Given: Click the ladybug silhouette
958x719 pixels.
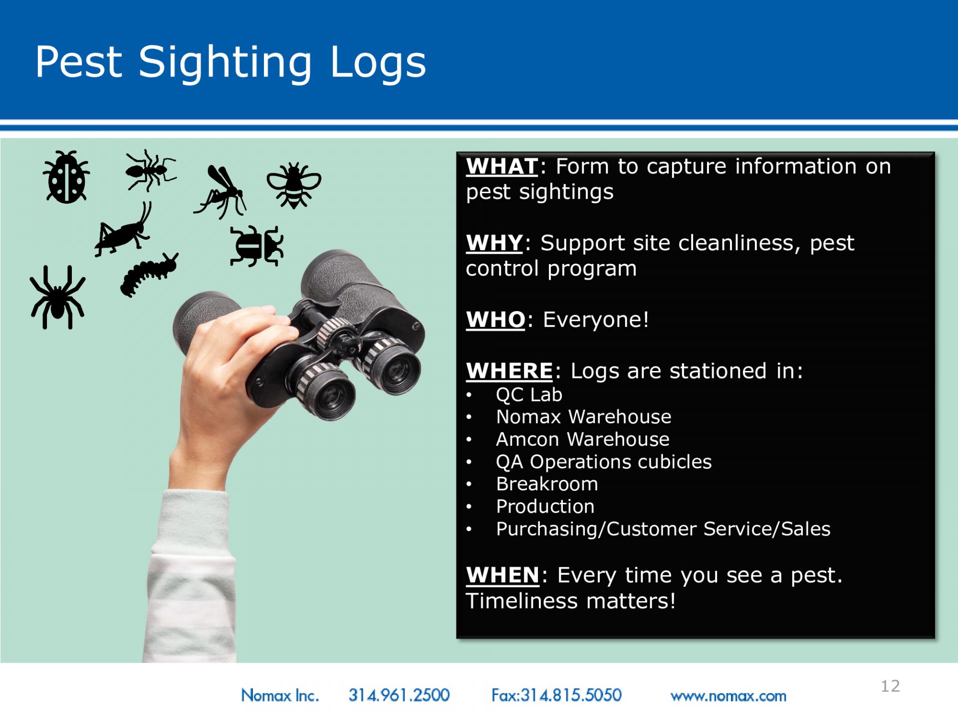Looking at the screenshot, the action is (66, 177).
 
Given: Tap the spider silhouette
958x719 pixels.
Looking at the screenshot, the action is (57, 298).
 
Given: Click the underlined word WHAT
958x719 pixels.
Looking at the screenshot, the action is (502, 166).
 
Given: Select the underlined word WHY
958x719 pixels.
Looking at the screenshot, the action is (494, 243).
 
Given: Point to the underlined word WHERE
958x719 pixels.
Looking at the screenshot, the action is (509, 371).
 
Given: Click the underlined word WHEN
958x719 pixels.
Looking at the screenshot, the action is (503, 575).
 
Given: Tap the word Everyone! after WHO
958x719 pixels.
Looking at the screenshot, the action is (596, 320).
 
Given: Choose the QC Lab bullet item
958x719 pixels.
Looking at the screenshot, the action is (529, 395).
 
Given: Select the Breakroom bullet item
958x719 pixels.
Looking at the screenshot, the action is (547, 484).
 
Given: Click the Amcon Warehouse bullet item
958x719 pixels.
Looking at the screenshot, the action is (583, 439).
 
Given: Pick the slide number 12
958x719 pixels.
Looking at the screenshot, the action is (891, 686).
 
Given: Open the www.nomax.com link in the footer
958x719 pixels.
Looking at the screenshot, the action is (728, 696).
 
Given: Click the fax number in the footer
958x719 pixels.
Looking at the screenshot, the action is (556, 695).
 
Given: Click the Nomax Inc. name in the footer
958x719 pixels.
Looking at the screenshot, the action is (280, 695).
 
